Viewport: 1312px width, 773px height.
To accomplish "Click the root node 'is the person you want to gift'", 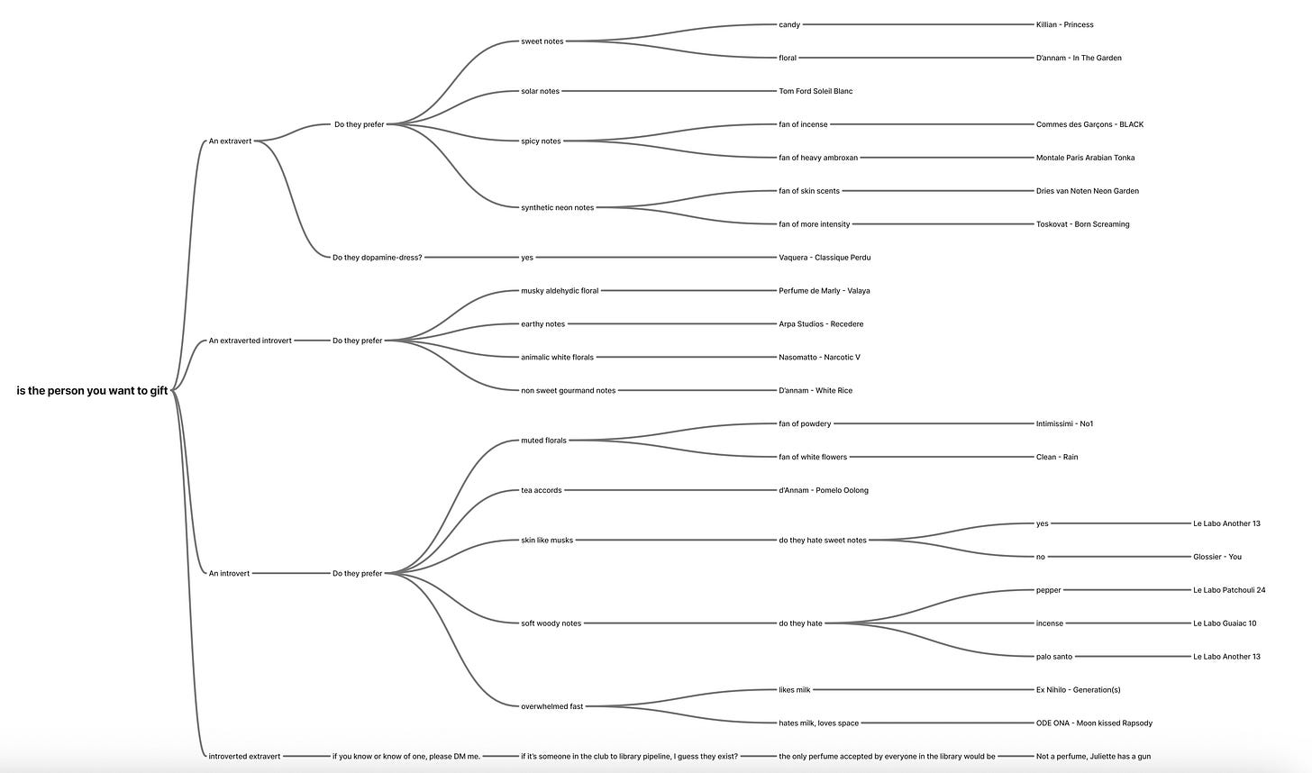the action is [92, 391].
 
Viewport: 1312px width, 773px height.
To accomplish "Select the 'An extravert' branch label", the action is [230, 141].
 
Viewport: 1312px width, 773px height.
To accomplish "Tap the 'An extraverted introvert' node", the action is [250, 341].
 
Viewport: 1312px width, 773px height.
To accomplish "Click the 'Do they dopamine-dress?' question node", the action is [377, 258].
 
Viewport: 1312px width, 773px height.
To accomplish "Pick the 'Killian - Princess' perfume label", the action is [1064, 25].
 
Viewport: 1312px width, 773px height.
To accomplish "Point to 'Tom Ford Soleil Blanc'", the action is [815, 91].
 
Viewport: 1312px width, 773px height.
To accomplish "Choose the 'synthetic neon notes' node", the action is [557, 208].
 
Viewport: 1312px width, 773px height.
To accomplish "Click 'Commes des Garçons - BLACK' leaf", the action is [1089, 124].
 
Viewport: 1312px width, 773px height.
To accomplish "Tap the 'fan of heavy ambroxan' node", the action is [818, 158].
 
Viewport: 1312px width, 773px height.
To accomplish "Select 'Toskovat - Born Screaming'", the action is [1082, 224].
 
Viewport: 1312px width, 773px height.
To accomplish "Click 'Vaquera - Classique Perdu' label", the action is [825, 258].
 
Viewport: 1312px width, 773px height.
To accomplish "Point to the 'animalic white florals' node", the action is [557, 358].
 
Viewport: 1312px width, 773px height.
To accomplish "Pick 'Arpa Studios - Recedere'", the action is [821, 324].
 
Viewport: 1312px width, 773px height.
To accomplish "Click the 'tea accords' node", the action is [541, 491].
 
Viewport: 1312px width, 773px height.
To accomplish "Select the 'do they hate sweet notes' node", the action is [823, 541].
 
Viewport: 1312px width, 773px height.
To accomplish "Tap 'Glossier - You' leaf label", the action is [1216, 557].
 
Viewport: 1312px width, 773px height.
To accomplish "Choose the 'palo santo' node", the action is [1054, 657].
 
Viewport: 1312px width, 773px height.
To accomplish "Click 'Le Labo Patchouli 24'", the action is [1228, 590].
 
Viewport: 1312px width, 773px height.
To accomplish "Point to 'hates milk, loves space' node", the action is [818, 723].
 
